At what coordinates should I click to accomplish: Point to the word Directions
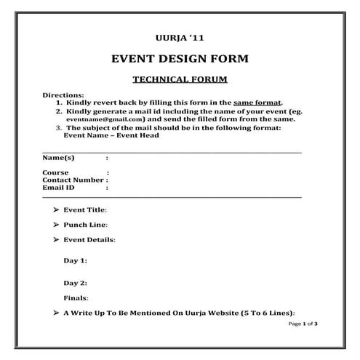pos(63,96)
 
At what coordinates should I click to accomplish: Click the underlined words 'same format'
pos(257,103)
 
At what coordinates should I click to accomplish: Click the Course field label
pos(55,172)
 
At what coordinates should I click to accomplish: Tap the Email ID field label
pos(58,187)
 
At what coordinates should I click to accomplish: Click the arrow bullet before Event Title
pos(56,209)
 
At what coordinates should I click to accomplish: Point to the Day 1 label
pos(75,260)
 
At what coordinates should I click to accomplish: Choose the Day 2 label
pos(75,283)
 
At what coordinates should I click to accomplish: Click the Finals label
pos(76,298)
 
